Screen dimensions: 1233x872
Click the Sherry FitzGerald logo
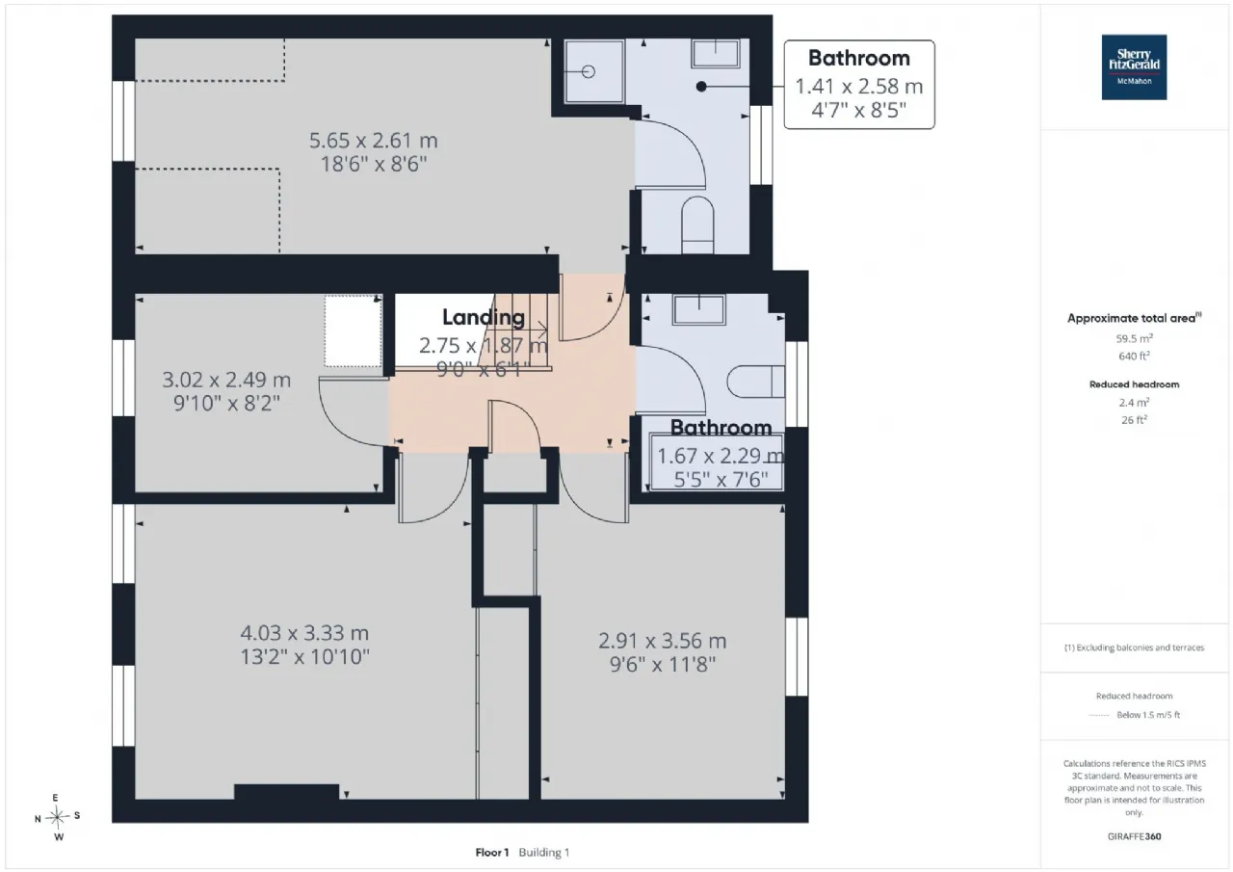(1134, 67)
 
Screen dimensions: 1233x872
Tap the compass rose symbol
(57, 817)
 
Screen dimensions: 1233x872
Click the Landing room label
(484, 317)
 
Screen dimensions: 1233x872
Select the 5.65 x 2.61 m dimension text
(373, 141)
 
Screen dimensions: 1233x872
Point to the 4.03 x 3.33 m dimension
(304, 633)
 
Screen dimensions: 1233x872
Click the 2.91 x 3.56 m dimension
(662, 641)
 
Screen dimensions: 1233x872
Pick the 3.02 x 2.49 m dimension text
(226, 380)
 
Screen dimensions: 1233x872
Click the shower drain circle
(588, 71)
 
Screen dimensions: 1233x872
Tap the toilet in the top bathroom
(698, 225)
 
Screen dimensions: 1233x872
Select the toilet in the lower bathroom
(756, 382)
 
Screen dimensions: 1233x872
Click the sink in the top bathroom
(716, 53)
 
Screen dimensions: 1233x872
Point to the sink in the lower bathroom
(698, 309)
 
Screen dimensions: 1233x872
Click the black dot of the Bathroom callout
(701, 87)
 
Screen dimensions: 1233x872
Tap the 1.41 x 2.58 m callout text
(858, 87)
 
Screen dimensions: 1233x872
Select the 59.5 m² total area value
(1134, 338)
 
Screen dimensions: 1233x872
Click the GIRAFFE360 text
(1134, 836)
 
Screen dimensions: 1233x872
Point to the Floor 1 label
(492, 852)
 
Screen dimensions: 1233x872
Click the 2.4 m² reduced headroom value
(1134, 403)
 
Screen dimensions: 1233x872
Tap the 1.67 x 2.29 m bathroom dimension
(721, 456)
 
